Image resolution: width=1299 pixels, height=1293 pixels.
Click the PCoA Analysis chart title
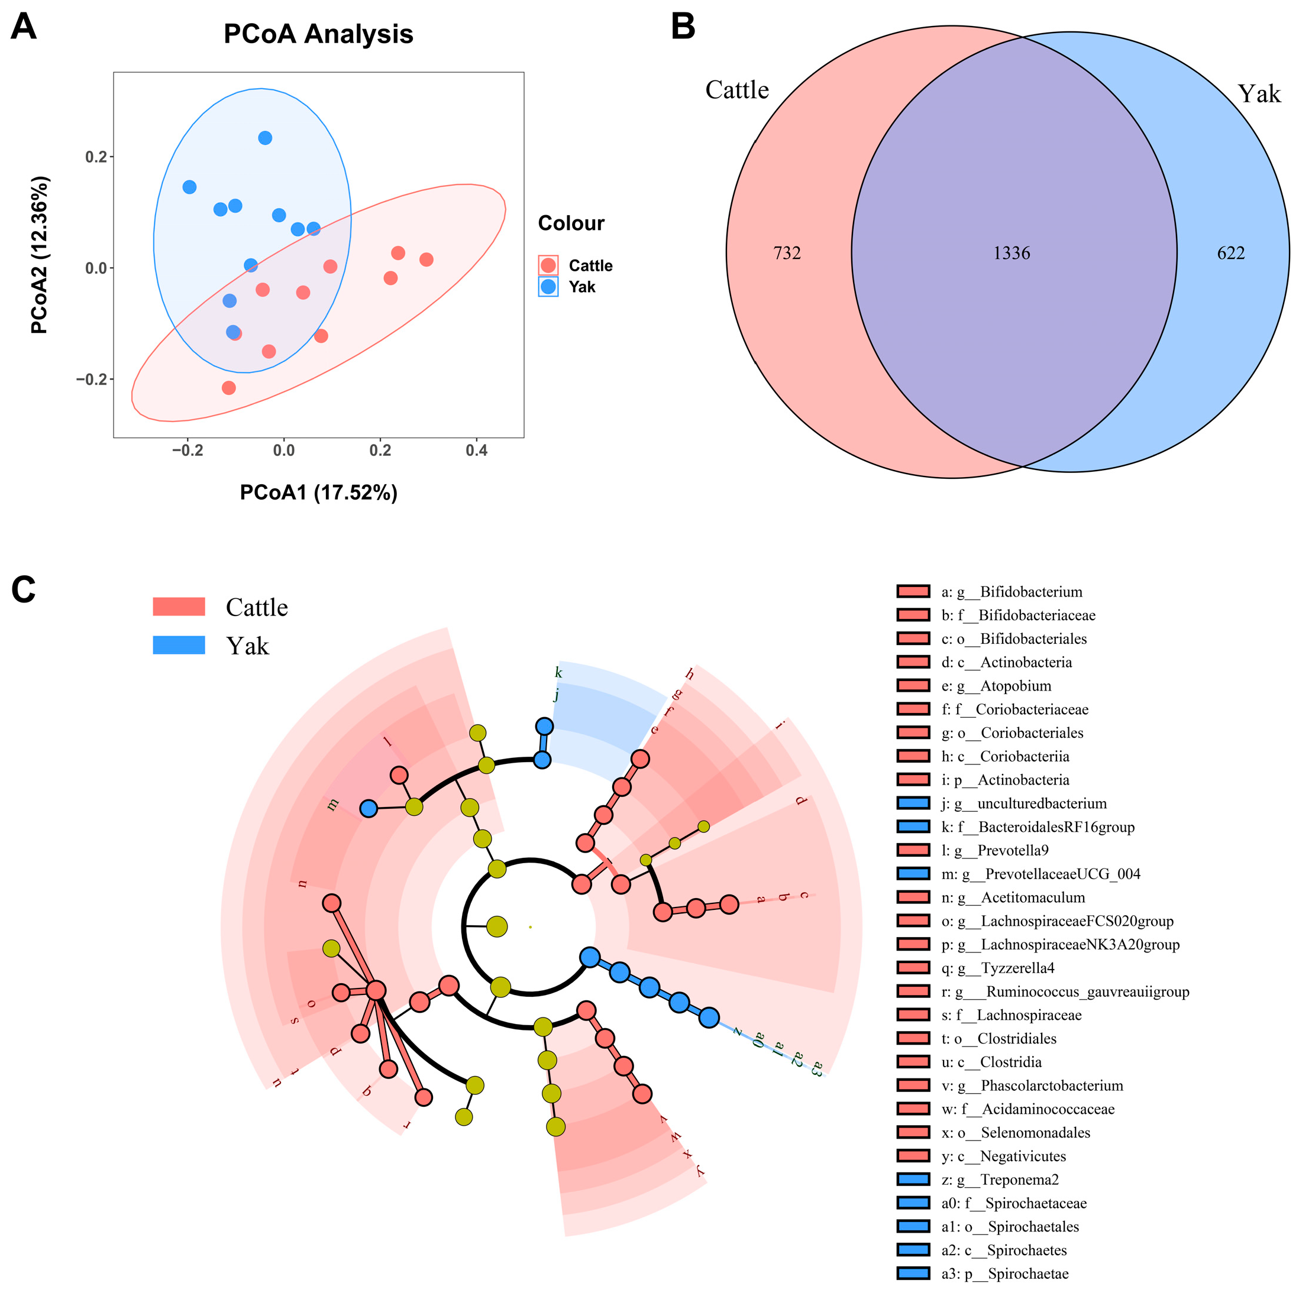pos(318,34)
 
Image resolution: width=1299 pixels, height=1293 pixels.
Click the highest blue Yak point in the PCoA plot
pos(265,138)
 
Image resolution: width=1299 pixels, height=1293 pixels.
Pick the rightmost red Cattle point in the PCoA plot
pos(426,260)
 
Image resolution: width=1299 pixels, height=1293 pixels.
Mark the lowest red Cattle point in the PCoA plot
pos(228,388)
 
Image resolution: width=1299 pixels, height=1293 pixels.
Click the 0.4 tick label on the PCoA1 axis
pos(476,451)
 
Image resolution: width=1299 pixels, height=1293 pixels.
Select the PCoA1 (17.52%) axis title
pos(319,492)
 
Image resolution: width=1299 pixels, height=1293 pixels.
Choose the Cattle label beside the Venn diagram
pos(737,90)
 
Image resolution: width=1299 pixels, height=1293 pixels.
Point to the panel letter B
pos(683,27)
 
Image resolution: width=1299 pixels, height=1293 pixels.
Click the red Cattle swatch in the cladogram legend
pos(179,606)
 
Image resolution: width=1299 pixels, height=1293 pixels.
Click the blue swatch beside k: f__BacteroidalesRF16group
pos(914,827)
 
